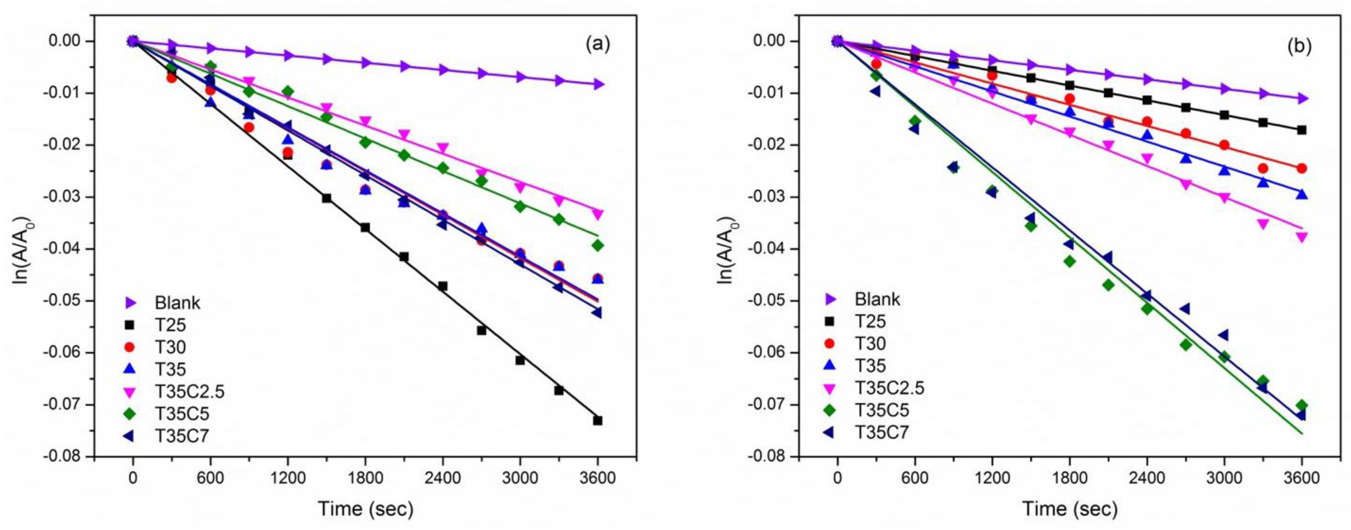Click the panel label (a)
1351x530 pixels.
(x=598, y=45)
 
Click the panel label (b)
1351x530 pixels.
(x=1300, y=46)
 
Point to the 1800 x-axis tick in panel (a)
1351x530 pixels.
(x=365, y=479)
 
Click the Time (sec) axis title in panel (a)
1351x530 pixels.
(x=366, y=509)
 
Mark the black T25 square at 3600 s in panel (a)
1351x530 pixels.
(x=598, y=420)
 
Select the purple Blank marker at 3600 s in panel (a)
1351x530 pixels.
(x=598, y=84)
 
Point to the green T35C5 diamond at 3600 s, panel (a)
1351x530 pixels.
(x=598, y=246)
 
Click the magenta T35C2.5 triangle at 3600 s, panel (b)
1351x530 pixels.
(x=1301, y=237)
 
